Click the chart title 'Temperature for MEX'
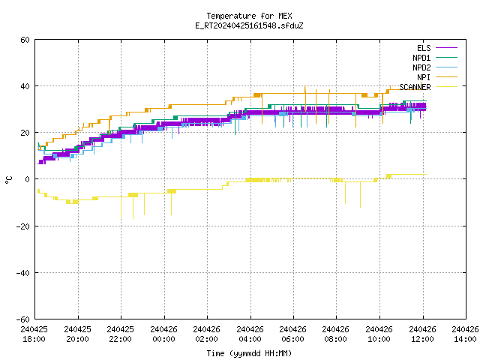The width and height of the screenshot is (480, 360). pos(249,16)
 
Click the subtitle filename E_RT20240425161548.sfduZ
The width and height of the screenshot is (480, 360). pos(249,25)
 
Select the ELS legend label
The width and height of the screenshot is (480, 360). pos(424,48)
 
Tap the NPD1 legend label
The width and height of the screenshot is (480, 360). pos(421,58)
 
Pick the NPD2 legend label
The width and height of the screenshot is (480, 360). pos(421,67)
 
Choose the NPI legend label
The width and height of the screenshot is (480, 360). pos(424,77)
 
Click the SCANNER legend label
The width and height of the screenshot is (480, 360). pos(415,87)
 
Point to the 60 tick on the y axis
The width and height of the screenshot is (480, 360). pos(25,40)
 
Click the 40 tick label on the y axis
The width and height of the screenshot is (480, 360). pos(25,86)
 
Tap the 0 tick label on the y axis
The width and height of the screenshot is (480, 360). pos(28,179)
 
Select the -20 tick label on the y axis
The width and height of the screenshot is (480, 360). pos(23,226)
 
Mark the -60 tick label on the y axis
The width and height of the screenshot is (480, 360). pos(23,319)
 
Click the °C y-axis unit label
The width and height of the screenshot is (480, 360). pos(8,180)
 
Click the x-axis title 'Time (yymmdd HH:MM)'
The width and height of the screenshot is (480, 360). pos(249,353)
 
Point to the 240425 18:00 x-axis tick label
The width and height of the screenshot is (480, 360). pos(34,334)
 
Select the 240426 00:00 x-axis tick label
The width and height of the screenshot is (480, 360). pos(163,334)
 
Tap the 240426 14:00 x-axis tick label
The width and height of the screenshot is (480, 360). pos(465,334)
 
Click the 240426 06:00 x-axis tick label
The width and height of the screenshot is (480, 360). pos(293,334)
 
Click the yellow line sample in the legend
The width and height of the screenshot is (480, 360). pos(446,87)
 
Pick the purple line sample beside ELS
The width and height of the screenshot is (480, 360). pos(446,48)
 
